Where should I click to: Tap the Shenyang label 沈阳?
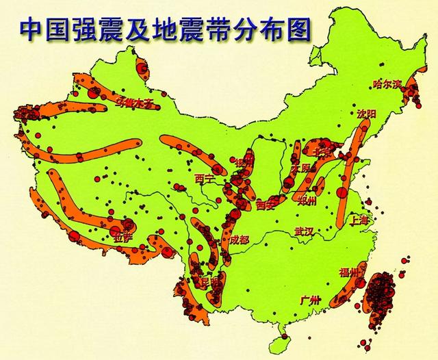(367, 114)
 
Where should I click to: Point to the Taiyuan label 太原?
(302, 168)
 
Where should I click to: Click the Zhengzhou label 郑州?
(308, 201)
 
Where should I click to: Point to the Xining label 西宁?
(205, 179)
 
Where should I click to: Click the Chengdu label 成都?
(240, 240)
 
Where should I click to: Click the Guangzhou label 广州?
(310, 300)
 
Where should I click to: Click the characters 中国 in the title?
(43, 29)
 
